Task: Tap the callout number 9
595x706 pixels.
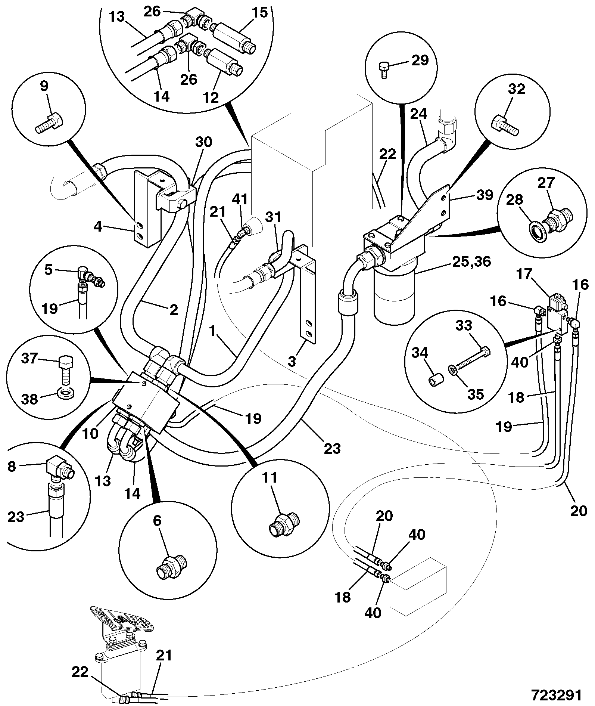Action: (44, 86)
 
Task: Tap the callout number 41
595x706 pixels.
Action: (239, 199)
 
